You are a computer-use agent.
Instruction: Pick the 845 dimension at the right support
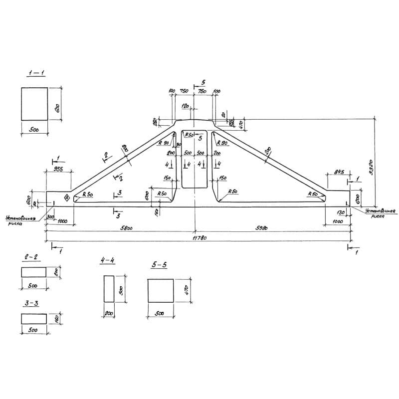tap(340, 173)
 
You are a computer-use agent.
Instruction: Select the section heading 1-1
tap(36, 73)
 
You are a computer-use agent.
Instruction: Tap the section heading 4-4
tap(107, 261)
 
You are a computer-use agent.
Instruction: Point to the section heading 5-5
tap(160, 265)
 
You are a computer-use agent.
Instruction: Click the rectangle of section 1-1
tap(34, 104)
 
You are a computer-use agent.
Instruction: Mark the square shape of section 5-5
tap(161, 291)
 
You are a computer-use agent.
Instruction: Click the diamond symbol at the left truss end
tap(66, 198)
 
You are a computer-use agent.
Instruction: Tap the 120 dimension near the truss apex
tap(185, 107)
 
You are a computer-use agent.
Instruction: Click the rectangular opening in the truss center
tap(195, 160)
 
